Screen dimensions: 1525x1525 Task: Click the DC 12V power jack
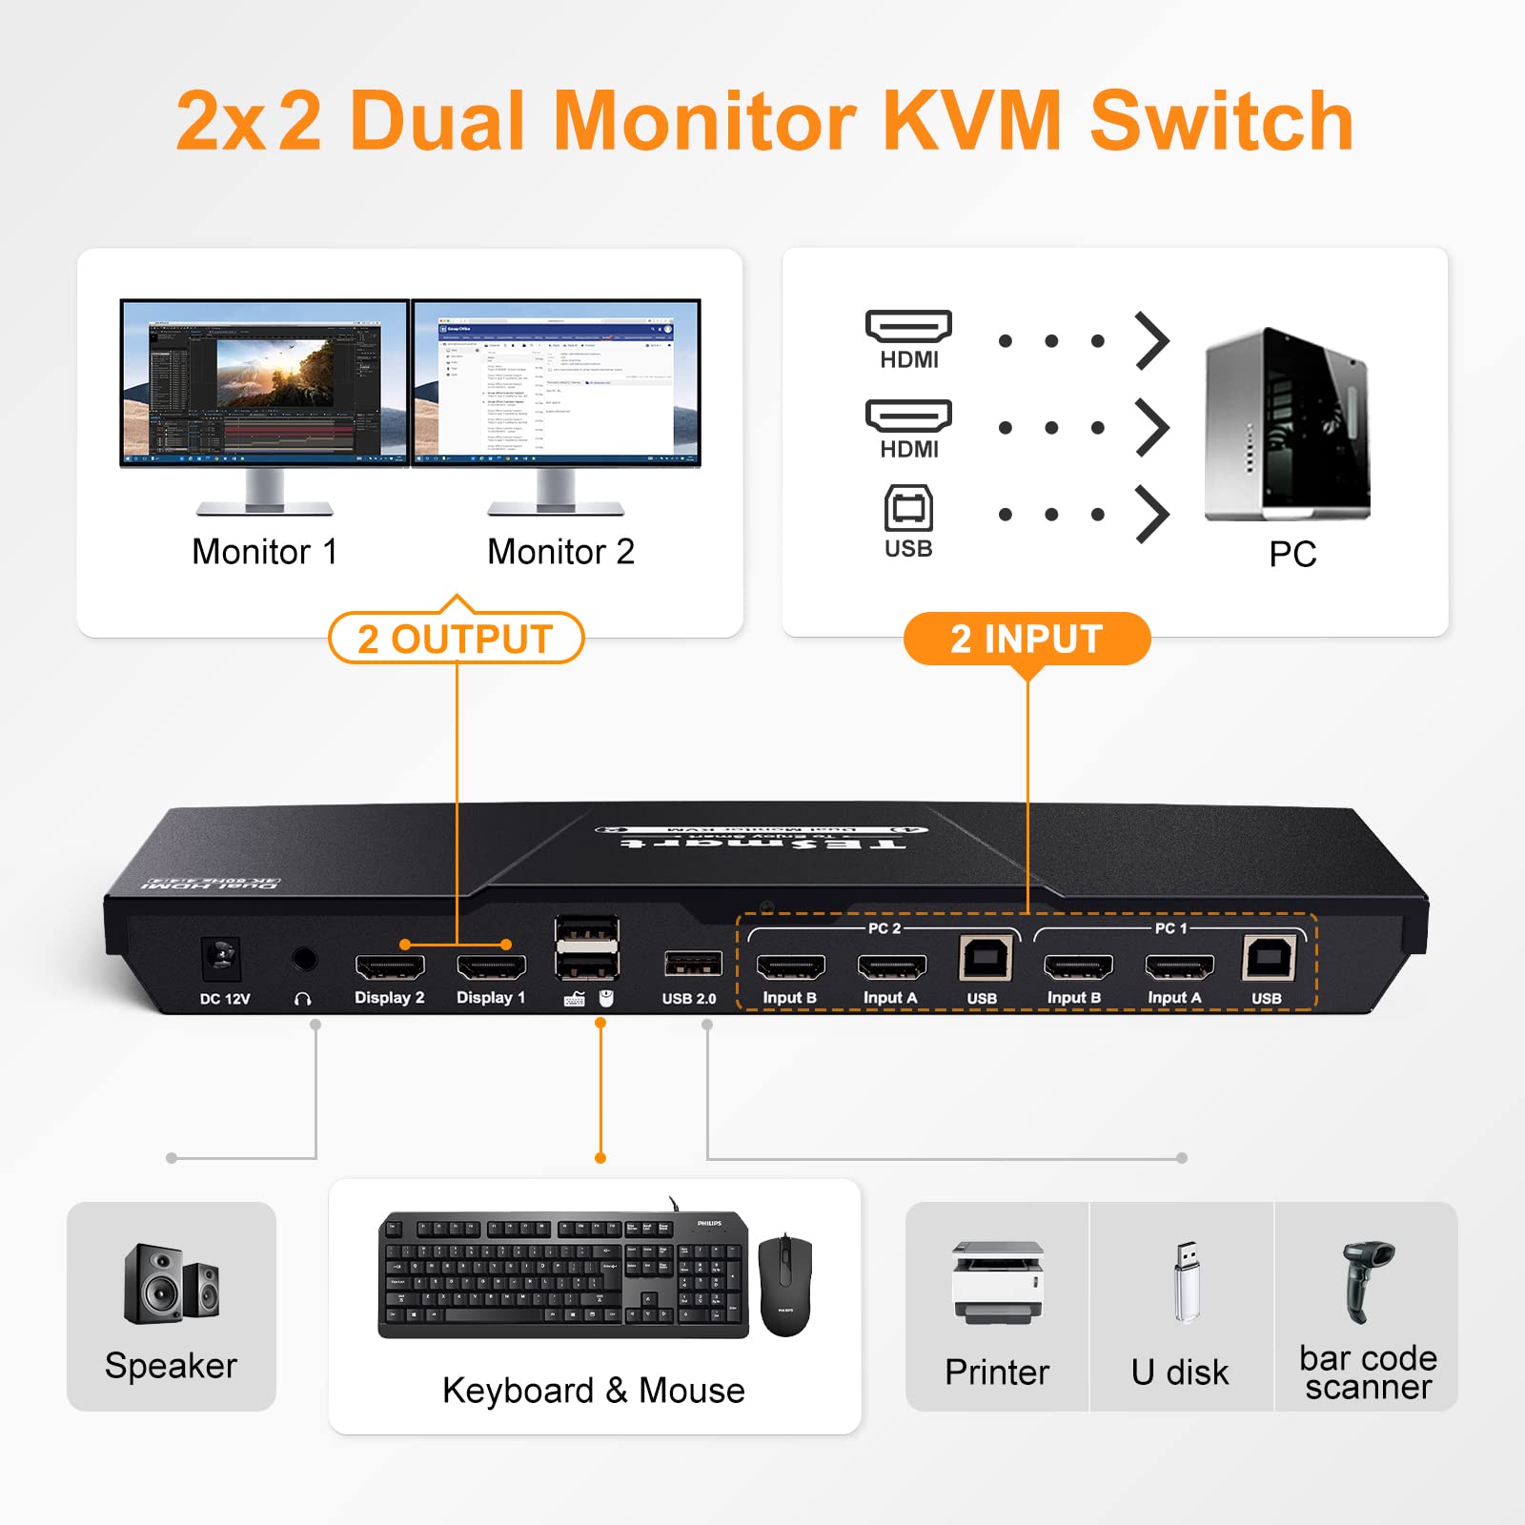pyautogui.click(x=221, y=957)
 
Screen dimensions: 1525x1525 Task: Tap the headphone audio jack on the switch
pyautogui.click(x=304, y=959)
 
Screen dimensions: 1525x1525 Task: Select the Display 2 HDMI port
pyautogui.click(x=390, y=967)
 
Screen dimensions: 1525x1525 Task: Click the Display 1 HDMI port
pyautogui.click(x=492, y=967)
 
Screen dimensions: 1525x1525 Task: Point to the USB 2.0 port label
pyautogui.click(x=689, y=999)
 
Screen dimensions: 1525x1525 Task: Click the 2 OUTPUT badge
pyautogui.click(x=456, y=639)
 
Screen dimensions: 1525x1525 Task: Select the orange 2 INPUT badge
pyautogui.click(x=1027, y=639)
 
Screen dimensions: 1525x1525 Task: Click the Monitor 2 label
pyautogui.click(x=560, y=552)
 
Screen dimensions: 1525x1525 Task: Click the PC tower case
pyautogui.click(x=1287, y=424)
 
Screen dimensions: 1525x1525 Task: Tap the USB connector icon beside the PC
pyautogui.click(x=908, y=510)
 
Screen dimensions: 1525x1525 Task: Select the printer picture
pyautogui.click(x=997, y=1282)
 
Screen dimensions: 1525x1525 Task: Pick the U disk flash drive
pyautogui.click(x=1186, y=1282)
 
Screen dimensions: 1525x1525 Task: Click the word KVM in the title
pyautogui.click(x=972, y=121)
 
